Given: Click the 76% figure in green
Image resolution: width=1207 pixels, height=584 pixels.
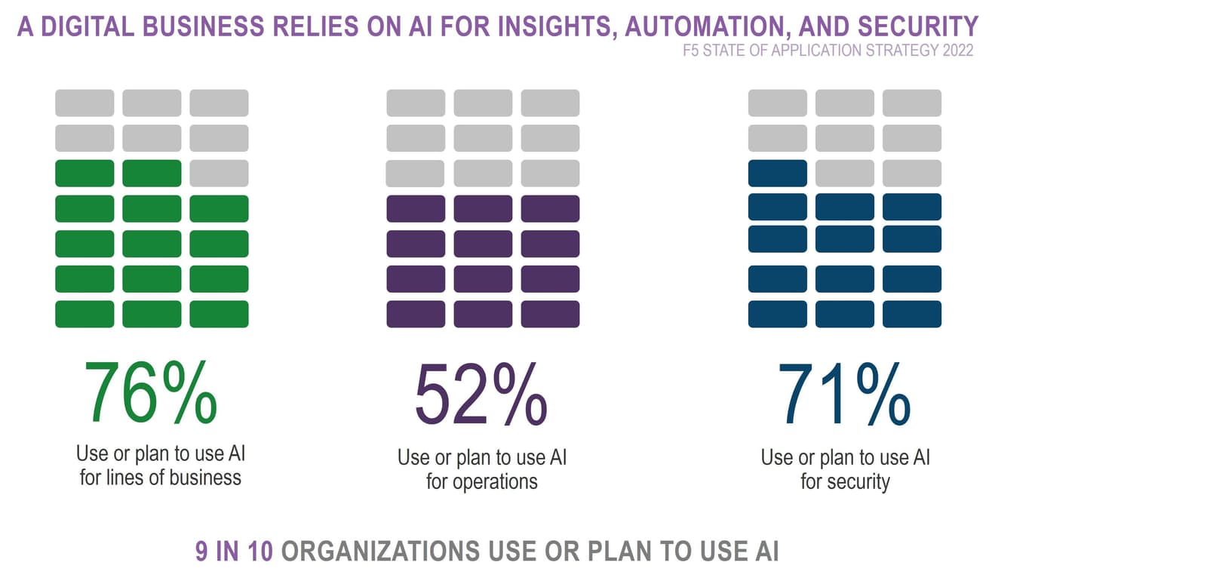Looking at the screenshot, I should (151, 393).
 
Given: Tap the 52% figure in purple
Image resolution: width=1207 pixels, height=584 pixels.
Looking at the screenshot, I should (481, 395).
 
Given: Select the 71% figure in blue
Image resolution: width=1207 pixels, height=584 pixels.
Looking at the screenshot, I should (844, 395).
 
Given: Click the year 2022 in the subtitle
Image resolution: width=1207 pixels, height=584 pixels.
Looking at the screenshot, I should (957, 51).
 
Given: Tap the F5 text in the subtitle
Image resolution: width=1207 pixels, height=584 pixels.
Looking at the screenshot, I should (691, 51).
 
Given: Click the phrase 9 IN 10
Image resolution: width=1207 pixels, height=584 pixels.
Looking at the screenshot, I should (234, 551).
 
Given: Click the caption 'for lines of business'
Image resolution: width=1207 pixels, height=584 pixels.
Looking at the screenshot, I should (161, 478).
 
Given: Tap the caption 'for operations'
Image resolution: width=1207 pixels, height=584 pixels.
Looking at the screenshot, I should (481, 481).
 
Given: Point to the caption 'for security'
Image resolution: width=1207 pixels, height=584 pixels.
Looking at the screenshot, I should (845, 481).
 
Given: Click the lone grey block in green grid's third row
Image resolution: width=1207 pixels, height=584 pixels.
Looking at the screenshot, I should (219, 174).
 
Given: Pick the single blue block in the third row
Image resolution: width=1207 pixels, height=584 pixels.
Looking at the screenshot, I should (777, 174).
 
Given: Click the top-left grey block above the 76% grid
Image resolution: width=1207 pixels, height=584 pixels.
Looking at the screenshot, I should (84, 103).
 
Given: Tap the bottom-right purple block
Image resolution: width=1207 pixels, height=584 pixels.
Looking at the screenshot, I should (550, 314).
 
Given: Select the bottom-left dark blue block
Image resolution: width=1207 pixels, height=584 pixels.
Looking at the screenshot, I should (777, 314).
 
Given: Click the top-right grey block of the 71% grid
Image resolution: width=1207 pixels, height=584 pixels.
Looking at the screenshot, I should (911, 103).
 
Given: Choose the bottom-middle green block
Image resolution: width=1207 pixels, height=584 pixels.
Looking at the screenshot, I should (152, 314).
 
